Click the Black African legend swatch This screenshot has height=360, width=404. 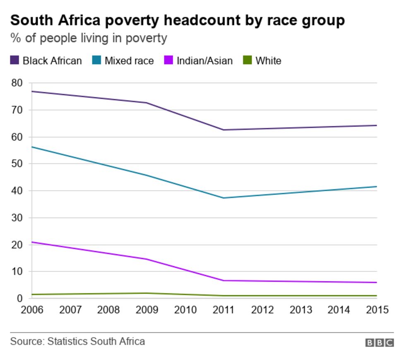click(15, 61)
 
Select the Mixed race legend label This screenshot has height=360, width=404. click(129, 61)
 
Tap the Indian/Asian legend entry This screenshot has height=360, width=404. click(204, 61)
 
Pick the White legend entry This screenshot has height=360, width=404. click(268, 61)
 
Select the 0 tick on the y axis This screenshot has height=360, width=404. click(20, 298)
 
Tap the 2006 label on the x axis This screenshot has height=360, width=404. click(32, 310)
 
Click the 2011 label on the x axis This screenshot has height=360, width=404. click(223, 310)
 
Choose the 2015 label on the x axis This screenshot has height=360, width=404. click(377, 310)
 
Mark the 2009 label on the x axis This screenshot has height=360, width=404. click(147, 310)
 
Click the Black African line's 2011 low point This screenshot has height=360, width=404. click(223, 130)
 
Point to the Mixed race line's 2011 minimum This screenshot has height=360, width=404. click(223, 198)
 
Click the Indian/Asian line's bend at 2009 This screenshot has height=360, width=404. click(147, 259)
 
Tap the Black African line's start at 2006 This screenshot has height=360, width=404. click(32, 91)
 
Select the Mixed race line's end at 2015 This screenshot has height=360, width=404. click(376, 187)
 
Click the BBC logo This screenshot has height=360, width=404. click(379, 343)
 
